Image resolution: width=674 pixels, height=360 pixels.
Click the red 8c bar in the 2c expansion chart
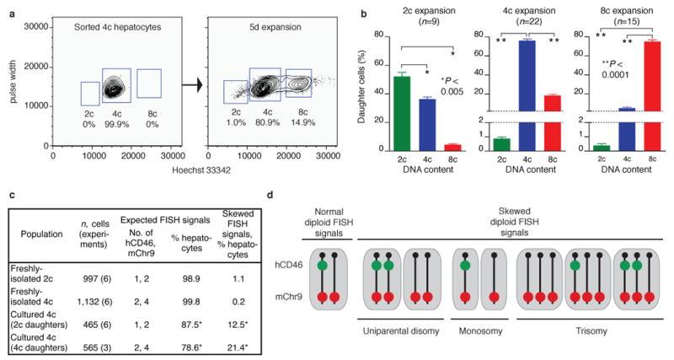(451, 148)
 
